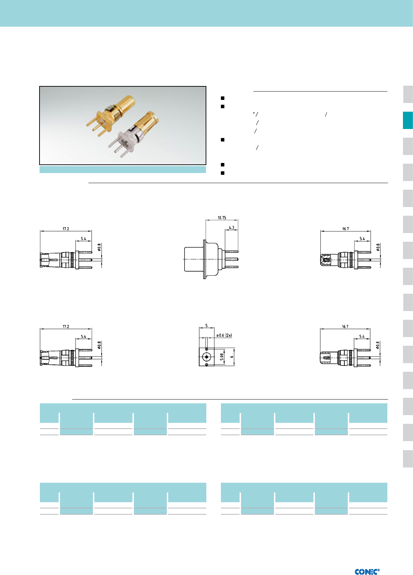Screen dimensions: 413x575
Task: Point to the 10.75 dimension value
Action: pos(222,218)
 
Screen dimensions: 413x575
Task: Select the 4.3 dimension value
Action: pos(231,228)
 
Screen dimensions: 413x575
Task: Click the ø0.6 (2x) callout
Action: pos(224,335)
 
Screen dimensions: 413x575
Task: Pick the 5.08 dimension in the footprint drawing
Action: pos(222,357)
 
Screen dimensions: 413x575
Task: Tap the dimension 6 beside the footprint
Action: pos(232,357)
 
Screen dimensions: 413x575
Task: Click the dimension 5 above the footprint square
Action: pos(206,326)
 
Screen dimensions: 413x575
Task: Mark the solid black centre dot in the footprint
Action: pos(207,357)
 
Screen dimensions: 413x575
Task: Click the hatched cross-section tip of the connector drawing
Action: pos(326,260)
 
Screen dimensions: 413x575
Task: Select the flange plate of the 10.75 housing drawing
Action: pos(205,259)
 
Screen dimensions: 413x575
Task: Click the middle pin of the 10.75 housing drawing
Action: pos(232,259)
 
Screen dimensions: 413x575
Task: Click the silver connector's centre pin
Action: pos(117,152)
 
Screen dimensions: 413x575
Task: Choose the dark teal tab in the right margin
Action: pos(407,120)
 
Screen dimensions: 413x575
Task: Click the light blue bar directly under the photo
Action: pos(123,170)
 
